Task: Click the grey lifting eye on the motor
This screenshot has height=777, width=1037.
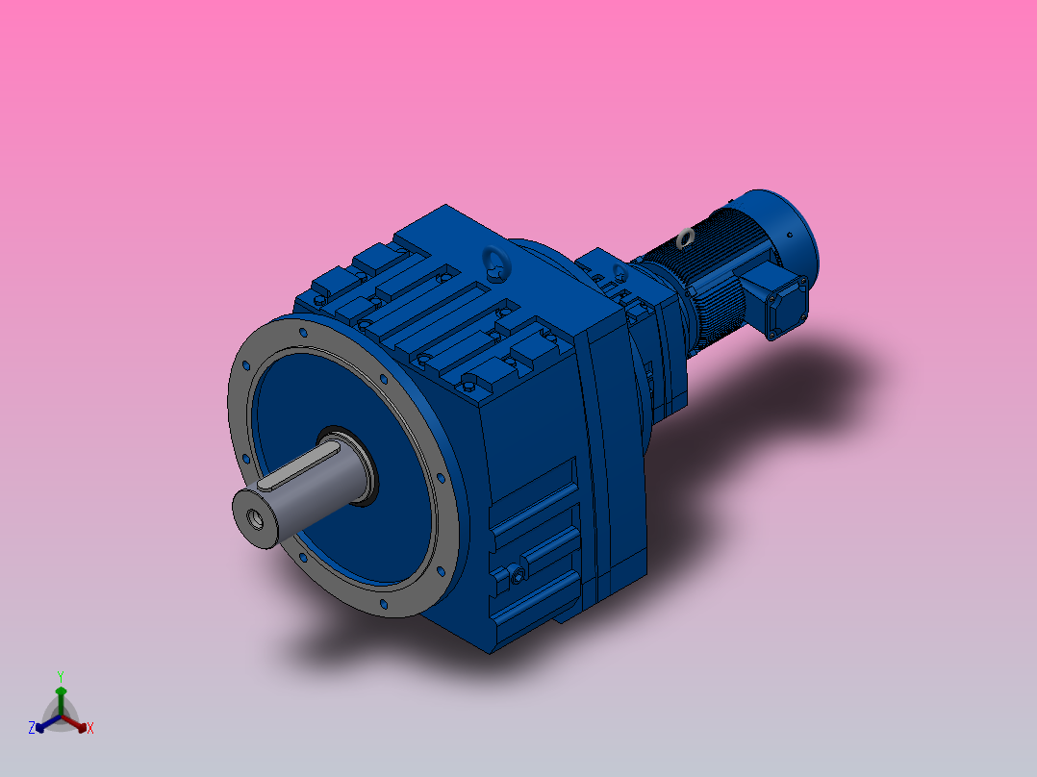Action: click(x=687, y=238)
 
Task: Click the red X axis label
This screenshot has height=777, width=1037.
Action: click(x=90, y=729)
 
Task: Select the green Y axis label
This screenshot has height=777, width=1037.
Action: click(x=60, y=676)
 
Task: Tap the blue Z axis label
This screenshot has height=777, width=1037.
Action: click(x=32, y=729)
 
